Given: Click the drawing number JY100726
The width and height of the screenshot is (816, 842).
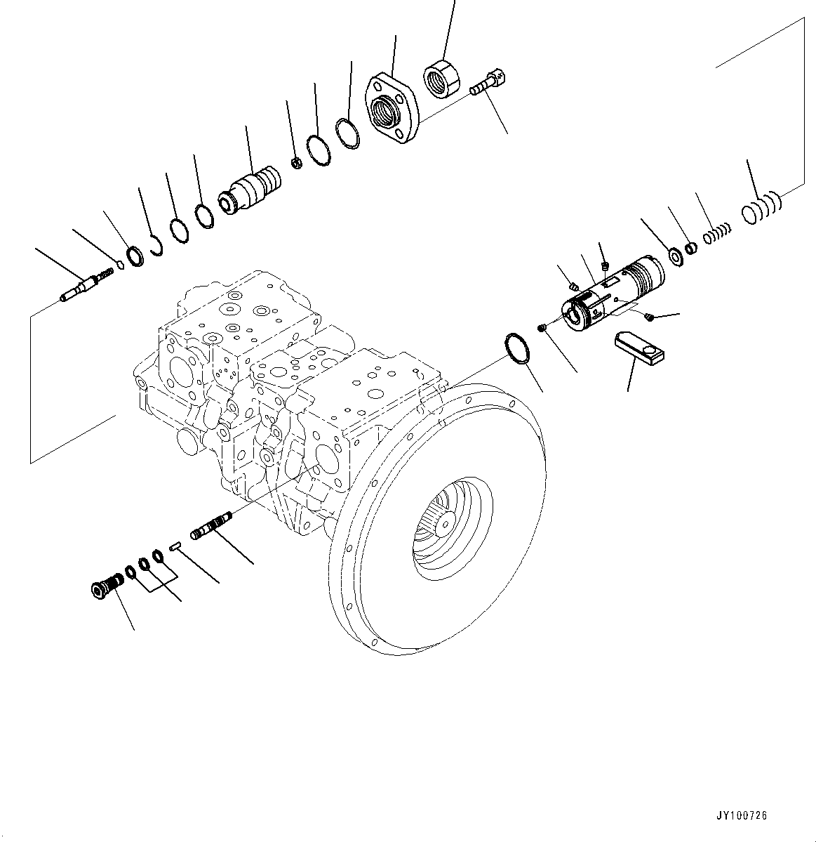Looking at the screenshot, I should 742,815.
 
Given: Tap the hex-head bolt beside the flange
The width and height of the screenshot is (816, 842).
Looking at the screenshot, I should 488,82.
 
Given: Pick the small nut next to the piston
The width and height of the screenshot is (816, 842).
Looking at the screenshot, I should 296,164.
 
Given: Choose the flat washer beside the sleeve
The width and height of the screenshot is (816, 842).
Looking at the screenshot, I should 677,258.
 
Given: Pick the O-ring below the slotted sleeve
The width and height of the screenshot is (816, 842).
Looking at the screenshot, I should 518,348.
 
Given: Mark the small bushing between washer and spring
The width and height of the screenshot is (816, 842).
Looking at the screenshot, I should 691,248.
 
